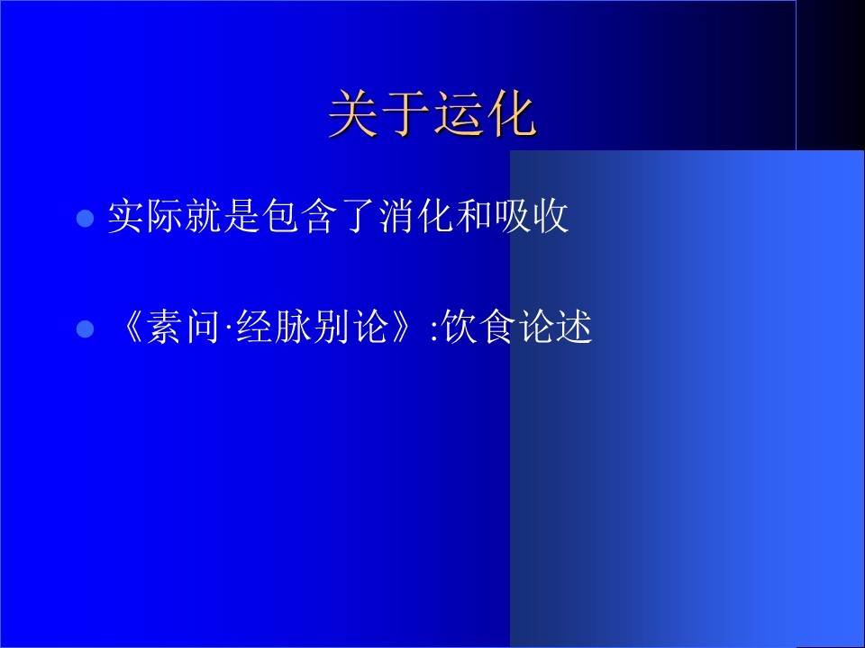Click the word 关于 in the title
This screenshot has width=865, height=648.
(379, 113)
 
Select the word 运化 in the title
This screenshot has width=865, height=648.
(485, 113)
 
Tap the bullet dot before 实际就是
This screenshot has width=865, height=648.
(85, 218)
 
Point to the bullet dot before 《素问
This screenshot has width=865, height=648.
(85, 328)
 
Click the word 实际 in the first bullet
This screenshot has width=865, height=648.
(146, 216)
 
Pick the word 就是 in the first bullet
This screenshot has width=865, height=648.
(223, 216)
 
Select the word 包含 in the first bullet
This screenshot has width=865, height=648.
(299, 216)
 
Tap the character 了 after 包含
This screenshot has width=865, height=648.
(357, 217)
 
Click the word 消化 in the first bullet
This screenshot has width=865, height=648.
(415, 216)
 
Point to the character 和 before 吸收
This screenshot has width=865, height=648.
(473, 216)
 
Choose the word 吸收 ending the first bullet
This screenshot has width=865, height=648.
(532, 216)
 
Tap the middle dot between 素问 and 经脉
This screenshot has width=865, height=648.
(228, 328)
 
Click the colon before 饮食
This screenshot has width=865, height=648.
(434, 331)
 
